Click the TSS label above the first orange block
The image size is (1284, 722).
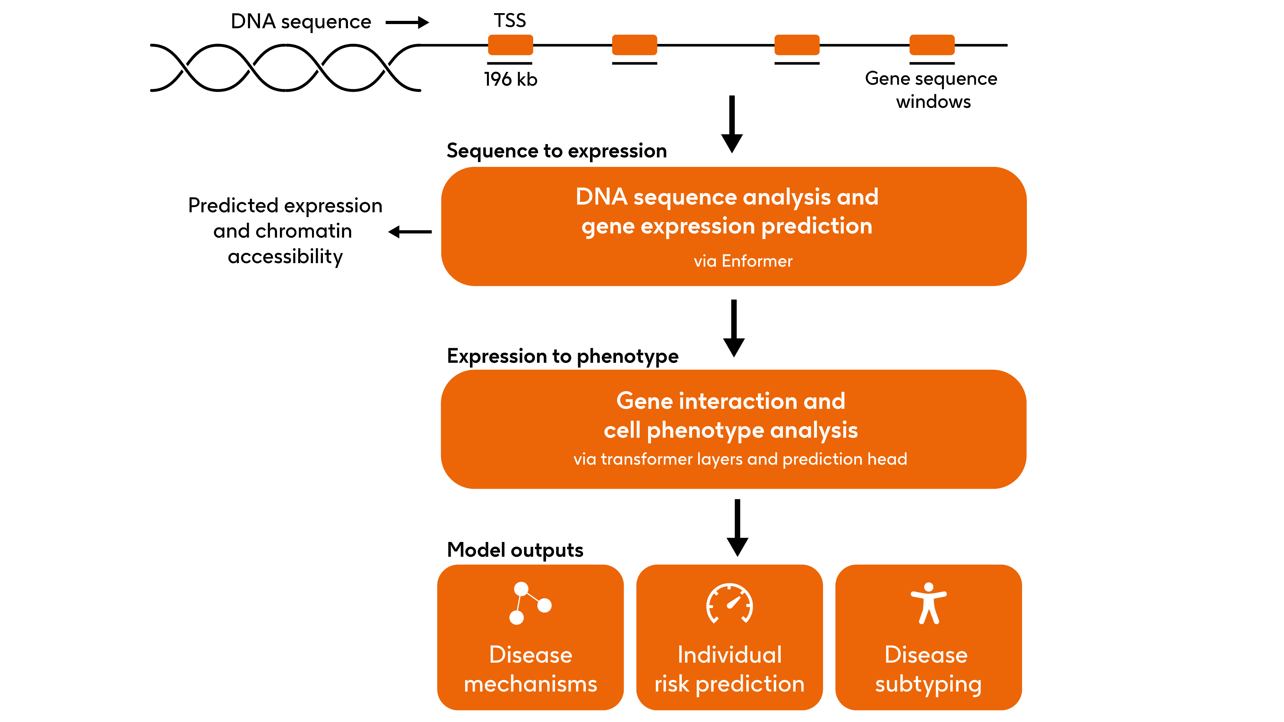coord(509,21)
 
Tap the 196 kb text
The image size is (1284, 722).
coord(510,79)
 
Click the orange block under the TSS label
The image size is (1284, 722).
coord(510,45)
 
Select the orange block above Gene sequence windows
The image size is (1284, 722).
coord(931,45)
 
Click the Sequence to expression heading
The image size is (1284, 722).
coord(556,150)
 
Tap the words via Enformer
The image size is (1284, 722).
coord(743,261)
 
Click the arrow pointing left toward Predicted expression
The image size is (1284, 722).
coord(410,232)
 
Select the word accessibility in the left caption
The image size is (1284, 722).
coord(285,257)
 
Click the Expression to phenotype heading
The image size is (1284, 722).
coord(562,356)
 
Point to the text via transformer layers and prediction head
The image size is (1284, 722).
coord(740,459)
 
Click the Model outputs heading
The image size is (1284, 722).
coord(515,550)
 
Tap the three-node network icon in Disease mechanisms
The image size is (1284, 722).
coord(529,603)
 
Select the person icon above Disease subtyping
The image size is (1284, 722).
coord(928,603)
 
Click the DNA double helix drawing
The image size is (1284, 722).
coord(285,68)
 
